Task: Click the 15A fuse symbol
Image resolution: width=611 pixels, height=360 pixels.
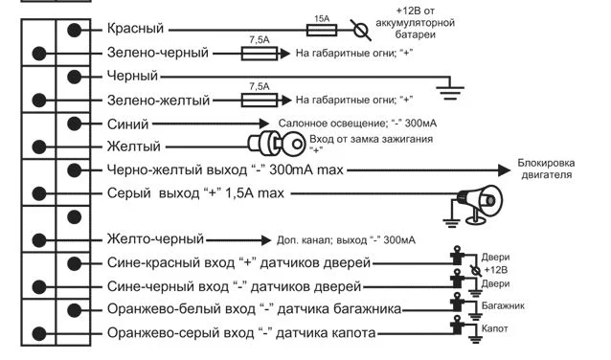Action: pyautogui.click(x=322, y=30)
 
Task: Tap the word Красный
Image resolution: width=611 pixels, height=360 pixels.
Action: pyautogui.click(x=135, y=29)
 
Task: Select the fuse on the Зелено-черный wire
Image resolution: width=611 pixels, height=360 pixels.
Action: pyautogui.click(x=260, y=54)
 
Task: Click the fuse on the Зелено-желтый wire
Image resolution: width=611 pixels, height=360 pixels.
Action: pyautogui.click(x=260, y=101)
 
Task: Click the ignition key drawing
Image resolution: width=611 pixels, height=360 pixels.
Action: pyautogui.click(x=277, y=143)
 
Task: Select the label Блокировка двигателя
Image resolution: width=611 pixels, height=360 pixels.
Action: pyautogui.click(x=546, y=169)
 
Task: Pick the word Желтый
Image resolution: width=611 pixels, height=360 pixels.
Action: pyautogui.click(x=134, y=146)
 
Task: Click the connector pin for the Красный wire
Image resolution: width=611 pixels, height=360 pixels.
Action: pyautogui.click(x=74, y=30)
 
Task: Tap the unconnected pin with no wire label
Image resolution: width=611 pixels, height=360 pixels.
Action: pyautogui.click(x=74, y=217)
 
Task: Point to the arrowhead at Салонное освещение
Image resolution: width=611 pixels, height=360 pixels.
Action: pyautogui.click(x=263, y=124)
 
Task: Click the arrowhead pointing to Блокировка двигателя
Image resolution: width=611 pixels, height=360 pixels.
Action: pyautogui.click(x=505, y=170)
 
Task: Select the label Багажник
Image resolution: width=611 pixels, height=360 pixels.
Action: pyautogui.click(x=503, y=305)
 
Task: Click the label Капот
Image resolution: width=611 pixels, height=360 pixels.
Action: pyautogui.click(x=494, y=328)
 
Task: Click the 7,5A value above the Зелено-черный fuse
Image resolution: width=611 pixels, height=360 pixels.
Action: pyautogui.click(x=260, y=40)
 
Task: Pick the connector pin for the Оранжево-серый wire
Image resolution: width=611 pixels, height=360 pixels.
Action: pyautogui.click(x=39, y=334)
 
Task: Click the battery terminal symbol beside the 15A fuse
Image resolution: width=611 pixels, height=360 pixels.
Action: pyautogui.click(x=361, y=30)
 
